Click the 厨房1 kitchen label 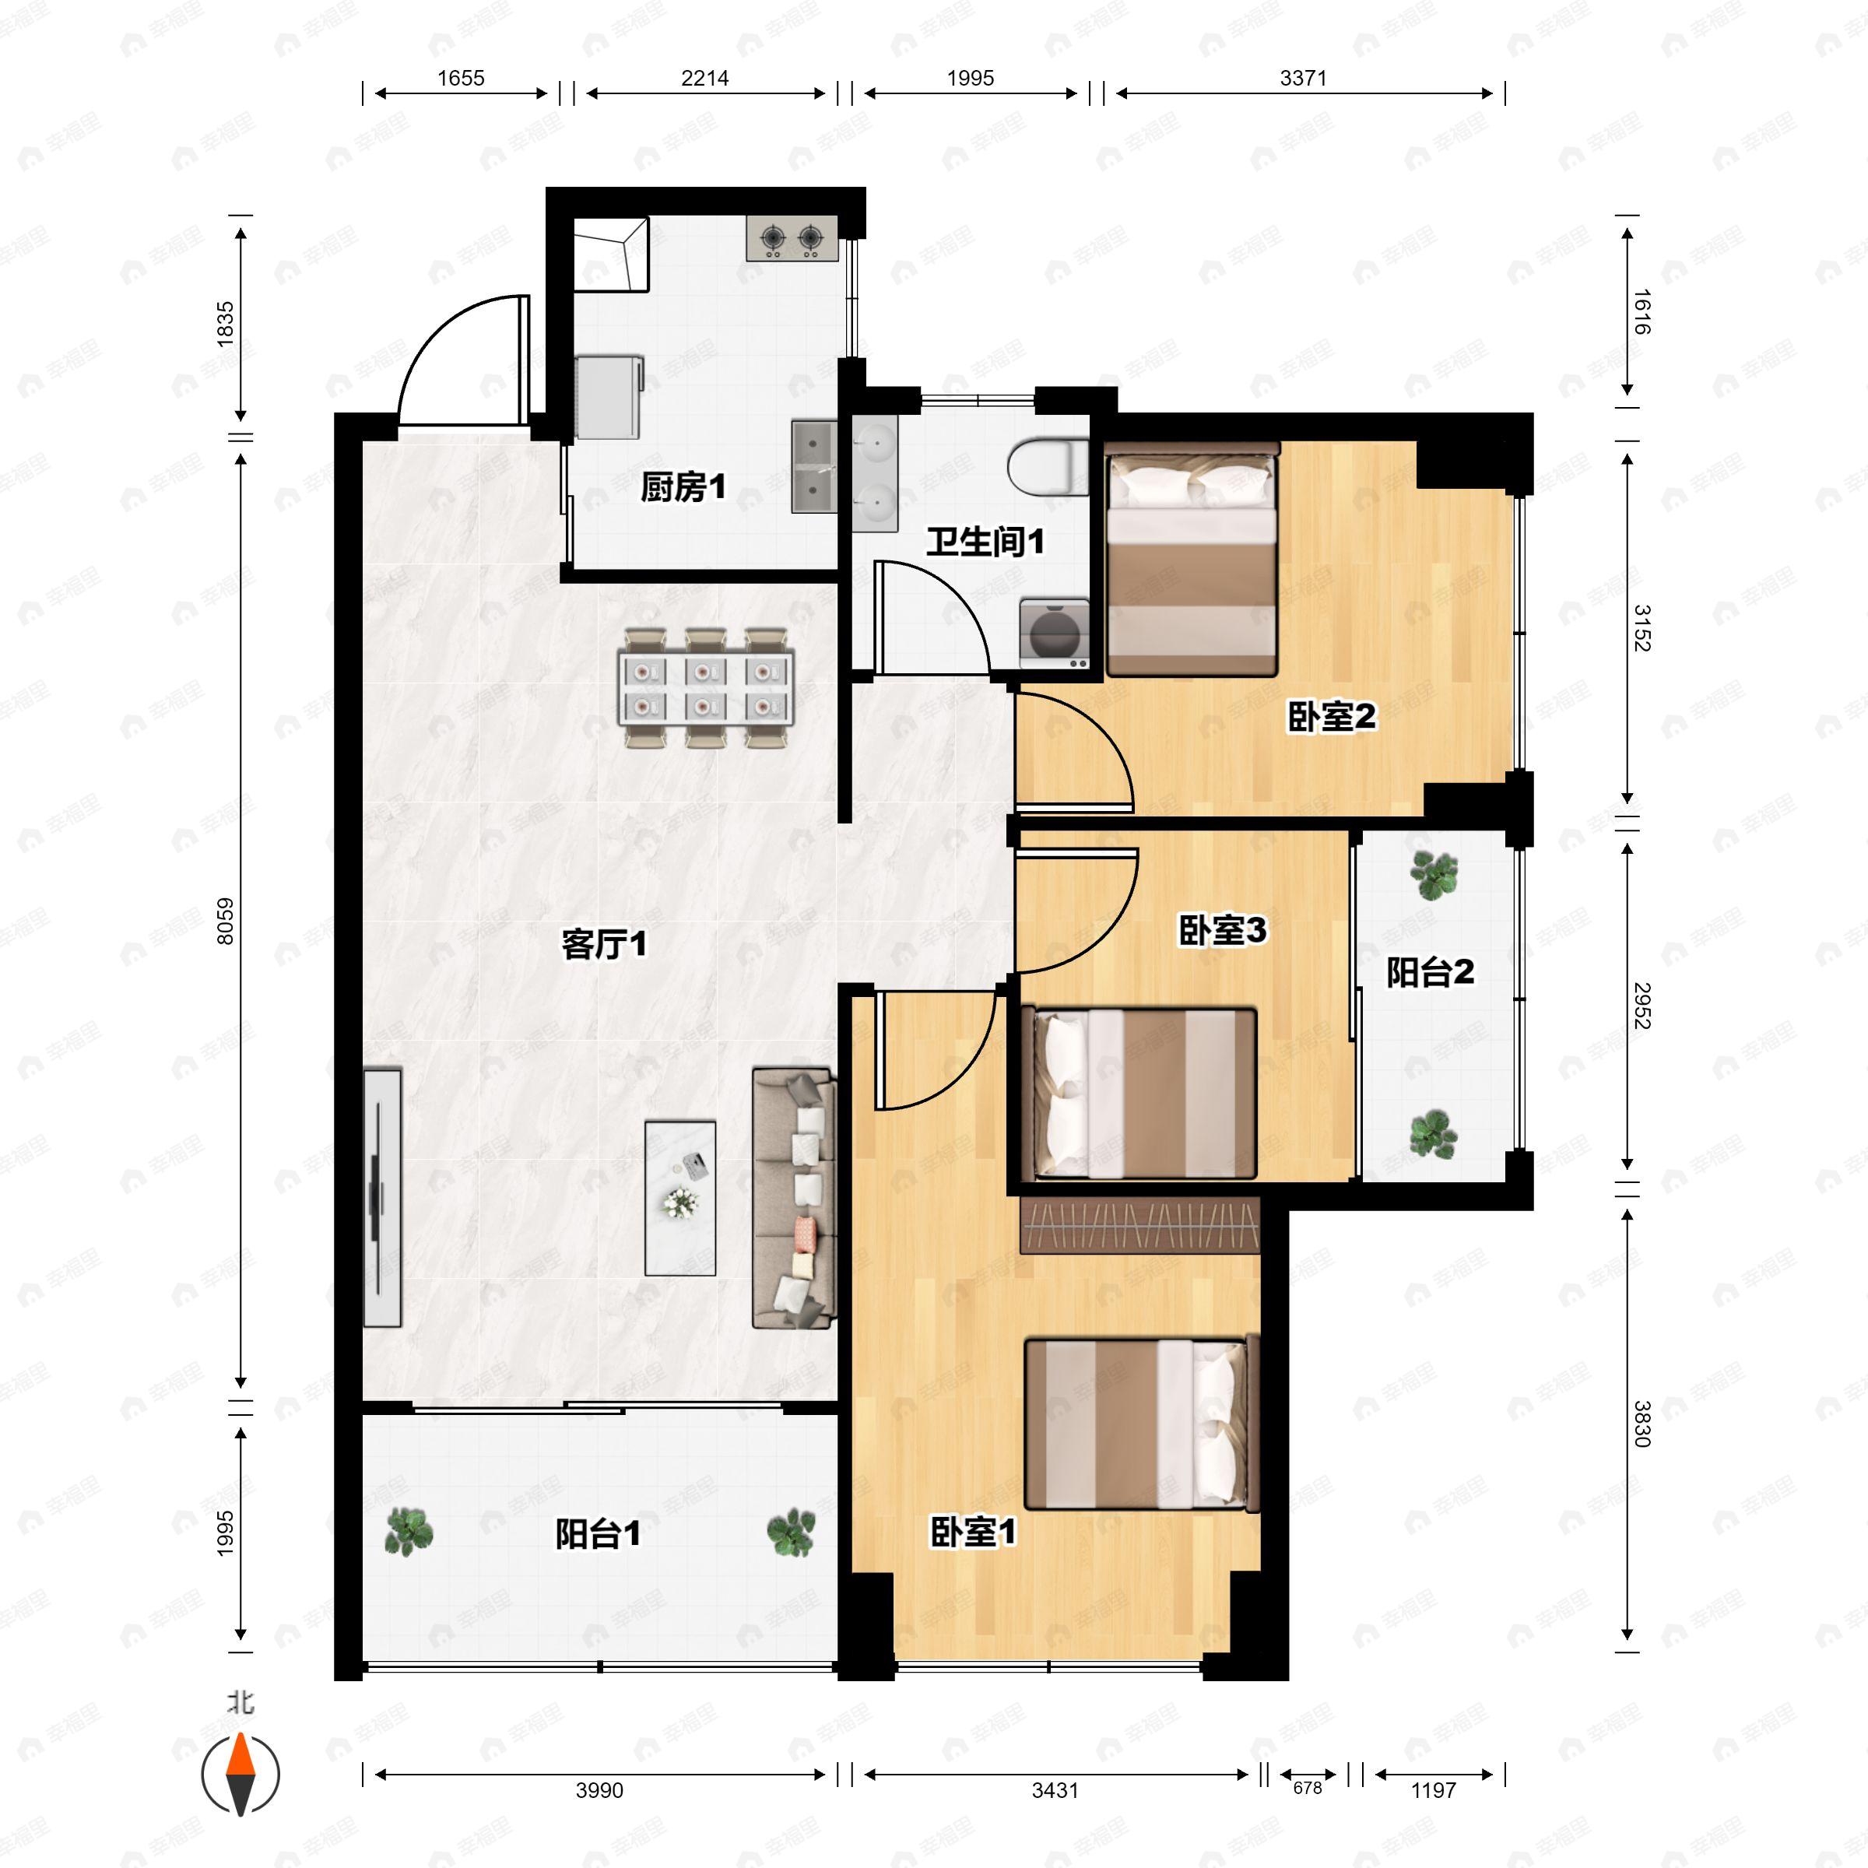pyautogui.click(x=683, y=487)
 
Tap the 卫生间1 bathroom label pyautogui.click(x=985, y=542)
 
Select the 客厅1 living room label pyautogui.click(x=604, y=945)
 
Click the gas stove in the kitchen pyautogui.click(x=792, y=238)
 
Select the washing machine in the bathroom pyautogui.click(x=1055, y=634)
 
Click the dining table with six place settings pyautogui.click(x=706, y=688)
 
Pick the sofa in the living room pyautogui.click(x=794, y=1198)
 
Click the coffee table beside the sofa pyautogui.click(x=681, y=1198)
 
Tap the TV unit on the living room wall pyautogui.click(x=382, y=1197)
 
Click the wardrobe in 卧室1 pyautogui.click(x=1141, y=1225)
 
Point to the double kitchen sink pyautogui.click(x=815, y=466)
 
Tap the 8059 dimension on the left pyautogui.click(x=224, y=921)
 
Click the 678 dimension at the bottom pyautogui.click(x=1308, y=1788)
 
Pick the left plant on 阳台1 pyautogui.click(x=409, y=1532)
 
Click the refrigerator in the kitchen pyautogui.click(x=610, y=396)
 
